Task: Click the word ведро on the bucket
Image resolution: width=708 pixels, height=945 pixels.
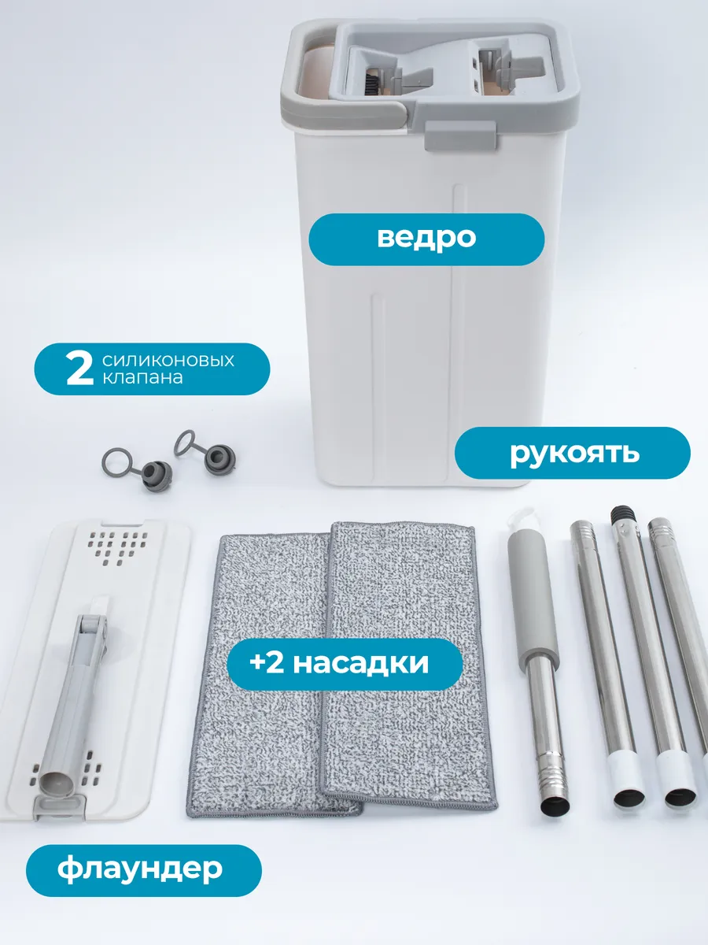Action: tap(426, 239)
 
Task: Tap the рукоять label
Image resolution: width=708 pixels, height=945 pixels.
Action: tap(573, 453)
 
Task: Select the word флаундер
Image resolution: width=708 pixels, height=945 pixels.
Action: tap(140, 869)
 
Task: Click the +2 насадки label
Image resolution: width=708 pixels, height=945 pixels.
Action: tap(339, 663)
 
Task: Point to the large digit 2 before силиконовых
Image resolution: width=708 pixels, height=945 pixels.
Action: tap(79, 369)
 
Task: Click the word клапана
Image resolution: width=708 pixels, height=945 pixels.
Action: tap(142, 378)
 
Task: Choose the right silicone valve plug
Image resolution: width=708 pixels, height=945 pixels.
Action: tap(219, 459)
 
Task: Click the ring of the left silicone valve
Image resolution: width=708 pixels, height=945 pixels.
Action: tap(115, 458)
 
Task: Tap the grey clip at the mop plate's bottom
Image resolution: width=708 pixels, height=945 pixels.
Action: tap(59, 806)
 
